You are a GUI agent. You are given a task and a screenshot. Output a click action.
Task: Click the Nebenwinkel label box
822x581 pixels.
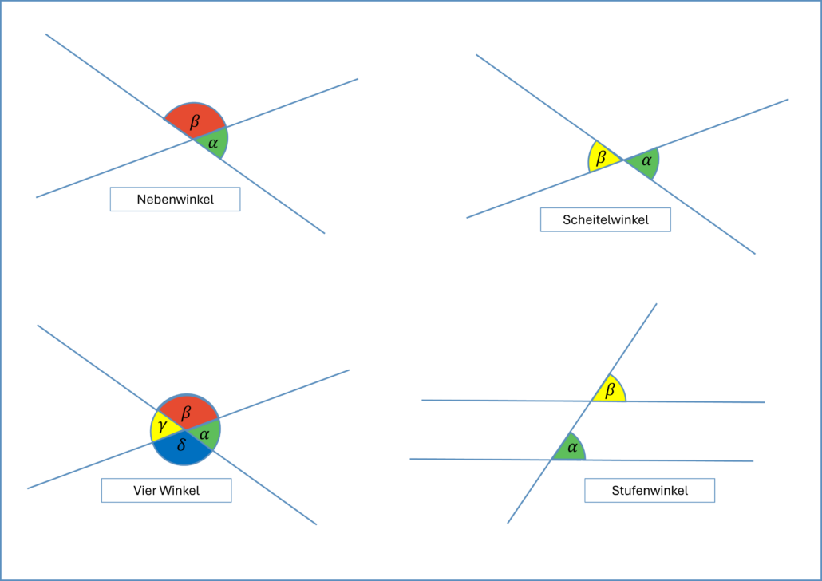click(x=175, y=200)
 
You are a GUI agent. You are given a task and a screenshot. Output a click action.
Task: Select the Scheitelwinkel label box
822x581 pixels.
click(x=605, y=220)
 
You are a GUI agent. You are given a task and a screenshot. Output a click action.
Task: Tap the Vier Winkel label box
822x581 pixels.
click(x=166, y=490)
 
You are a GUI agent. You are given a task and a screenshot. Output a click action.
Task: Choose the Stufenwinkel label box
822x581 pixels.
click(x=649, y=490)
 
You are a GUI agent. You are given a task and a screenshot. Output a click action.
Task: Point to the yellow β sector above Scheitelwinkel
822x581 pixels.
click(x=602, y=157)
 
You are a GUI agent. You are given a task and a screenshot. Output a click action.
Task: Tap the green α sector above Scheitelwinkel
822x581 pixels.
click(x=645, y=162)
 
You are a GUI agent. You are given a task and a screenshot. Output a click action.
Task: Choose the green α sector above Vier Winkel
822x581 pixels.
click(x=205, y=433)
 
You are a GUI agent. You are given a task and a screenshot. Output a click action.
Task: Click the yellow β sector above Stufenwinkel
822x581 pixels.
click(x=611, y=391)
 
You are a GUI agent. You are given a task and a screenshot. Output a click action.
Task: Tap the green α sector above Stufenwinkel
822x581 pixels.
click(x=571, y=449)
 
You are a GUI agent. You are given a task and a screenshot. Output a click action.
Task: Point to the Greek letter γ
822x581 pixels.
click(x=162, y=428)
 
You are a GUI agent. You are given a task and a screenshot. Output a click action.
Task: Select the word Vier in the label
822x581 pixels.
click(x=144, y=490)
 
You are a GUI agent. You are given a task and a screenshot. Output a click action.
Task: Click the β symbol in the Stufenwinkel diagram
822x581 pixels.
click(x=611, y=390)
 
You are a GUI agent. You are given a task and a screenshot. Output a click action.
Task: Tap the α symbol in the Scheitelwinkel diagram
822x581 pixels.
click(x=646, y=161)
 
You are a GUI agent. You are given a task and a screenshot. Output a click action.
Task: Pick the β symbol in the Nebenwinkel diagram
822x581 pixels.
click(x=195, y=121)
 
